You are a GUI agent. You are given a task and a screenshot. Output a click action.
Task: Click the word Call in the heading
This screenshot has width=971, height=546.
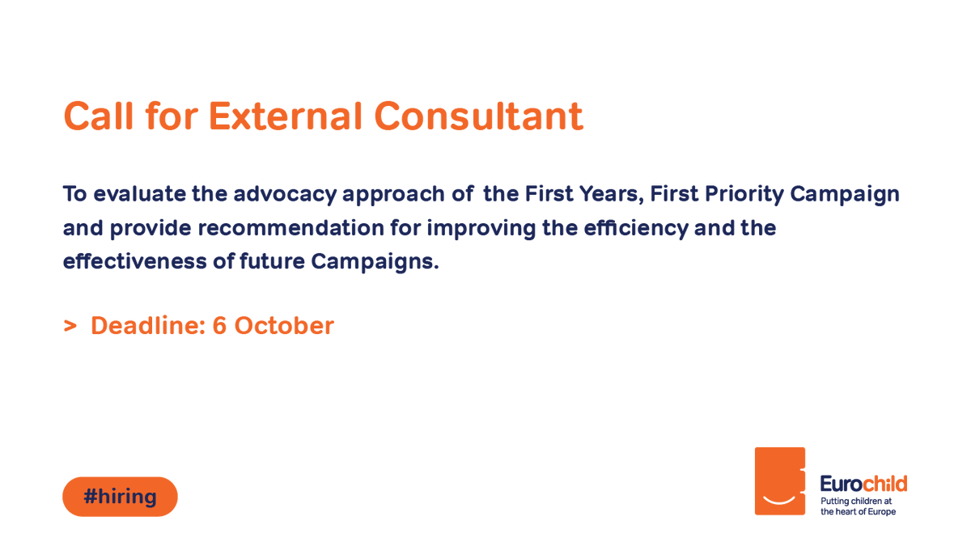pos(99,116)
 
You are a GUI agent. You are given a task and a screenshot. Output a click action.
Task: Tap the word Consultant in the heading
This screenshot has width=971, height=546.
pos(478,116)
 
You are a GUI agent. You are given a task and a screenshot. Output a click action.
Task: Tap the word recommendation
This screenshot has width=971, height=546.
pos(290,228)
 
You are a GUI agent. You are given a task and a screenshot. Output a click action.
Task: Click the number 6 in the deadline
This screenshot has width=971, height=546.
pos(219,325)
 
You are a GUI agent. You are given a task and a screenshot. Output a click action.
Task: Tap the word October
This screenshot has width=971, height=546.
pos(284,325)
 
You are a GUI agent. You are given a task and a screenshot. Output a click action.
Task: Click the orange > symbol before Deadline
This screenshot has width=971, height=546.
pos(70,326)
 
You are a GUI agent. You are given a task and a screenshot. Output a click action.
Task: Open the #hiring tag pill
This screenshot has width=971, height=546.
pos(120,497)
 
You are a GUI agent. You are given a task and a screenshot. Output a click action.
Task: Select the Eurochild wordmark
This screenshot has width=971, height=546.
pos(863,484)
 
